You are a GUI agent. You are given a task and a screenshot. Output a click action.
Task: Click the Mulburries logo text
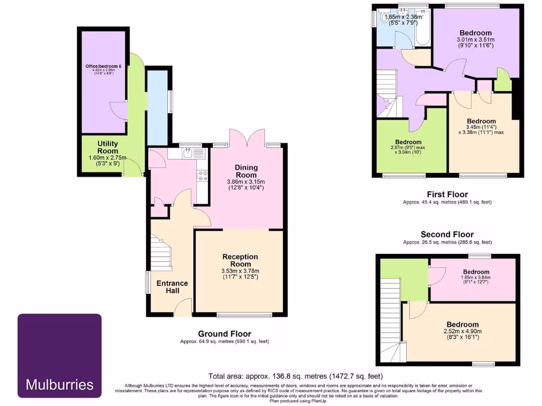tap(59, 384)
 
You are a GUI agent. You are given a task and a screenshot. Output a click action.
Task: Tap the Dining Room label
tap(246, 171)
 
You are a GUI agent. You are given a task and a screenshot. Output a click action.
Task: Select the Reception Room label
tap(240, 261)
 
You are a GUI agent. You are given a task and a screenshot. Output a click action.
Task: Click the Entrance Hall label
tap(172, 287)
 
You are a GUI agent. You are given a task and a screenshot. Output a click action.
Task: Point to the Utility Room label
tap(107, 147)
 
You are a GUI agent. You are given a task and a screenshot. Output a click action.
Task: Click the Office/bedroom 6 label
tap(103, 66)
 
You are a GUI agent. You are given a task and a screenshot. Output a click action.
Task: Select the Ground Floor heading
tap(224, 334)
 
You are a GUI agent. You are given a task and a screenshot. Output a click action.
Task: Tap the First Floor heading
tap(447, 194)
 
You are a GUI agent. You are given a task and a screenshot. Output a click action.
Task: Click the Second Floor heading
tap(447, 234)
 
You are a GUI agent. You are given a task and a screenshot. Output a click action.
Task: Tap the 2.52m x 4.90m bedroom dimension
tap(462, 331)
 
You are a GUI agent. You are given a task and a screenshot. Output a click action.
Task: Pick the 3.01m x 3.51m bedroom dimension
tap(475, 40)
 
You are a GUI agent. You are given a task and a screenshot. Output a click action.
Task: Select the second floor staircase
tap(390, 317)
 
